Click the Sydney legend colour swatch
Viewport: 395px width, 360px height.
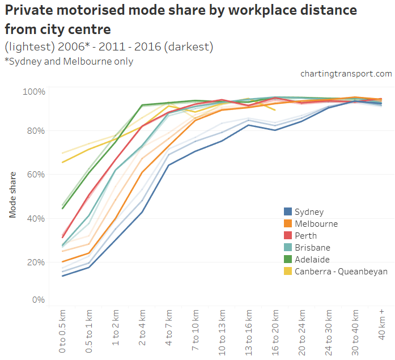click(x=288, y=212)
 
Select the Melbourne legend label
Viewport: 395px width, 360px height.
click(x=316, y=224)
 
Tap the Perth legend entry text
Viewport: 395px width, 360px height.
click(x=305, y=236)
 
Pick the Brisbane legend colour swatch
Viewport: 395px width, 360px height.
click(x=288, y=248)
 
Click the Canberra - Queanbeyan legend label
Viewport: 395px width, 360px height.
click(x=341, y=272)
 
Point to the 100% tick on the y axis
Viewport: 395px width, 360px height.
click(x=34, y=92)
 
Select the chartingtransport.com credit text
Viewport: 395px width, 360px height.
click(x=346, y=74)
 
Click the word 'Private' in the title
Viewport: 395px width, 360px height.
click(x=29, y=10)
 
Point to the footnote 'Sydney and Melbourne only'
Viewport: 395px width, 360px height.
click(x=70, y=61)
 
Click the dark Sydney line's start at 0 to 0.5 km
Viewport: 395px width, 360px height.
click(x=62, y=276)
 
